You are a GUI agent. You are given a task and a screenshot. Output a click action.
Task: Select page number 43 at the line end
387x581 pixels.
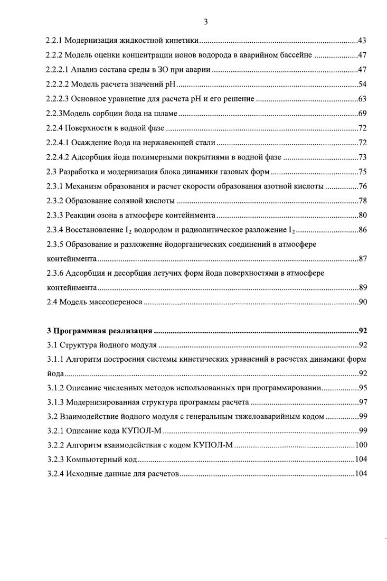[x=362, y=41]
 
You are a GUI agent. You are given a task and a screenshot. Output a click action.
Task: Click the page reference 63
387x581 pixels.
[x=362, y=99]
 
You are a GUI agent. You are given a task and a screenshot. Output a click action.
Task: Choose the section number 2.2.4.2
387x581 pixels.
[x=59, y=157]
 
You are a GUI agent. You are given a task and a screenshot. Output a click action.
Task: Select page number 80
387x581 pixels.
[x=362, y=215]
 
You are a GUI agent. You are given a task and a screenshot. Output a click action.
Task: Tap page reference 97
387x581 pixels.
[x=362, y=402]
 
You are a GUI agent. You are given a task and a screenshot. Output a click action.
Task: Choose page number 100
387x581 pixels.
[x=361, y=445]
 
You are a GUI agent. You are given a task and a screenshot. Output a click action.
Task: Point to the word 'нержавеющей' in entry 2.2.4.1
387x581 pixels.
[x=157, y=142]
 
